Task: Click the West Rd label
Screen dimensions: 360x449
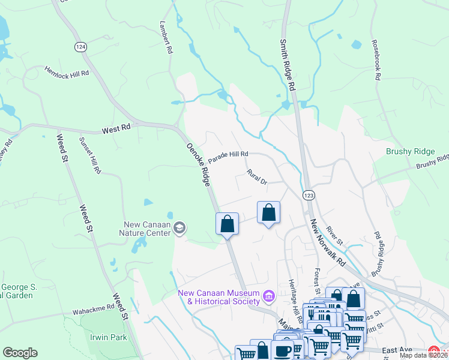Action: click(x=116, y=129)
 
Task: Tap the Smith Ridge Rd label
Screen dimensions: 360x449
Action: click(x=288, y=65)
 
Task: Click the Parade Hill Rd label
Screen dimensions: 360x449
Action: click(x=228, y=154)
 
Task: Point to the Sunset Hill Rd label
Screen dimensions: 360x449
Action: click(x=91, y=155)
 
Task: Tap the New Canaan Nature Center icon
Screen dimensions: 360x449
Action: click(x=180, y=227)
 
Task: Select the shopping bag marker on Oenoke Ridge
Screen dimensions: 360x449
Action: click(x=228, y=224)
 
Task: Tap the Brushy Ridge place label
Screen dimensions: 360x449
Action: click(x=406, y=152)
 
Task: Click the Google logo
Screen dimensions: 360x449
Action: click(x=20, y=352)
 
